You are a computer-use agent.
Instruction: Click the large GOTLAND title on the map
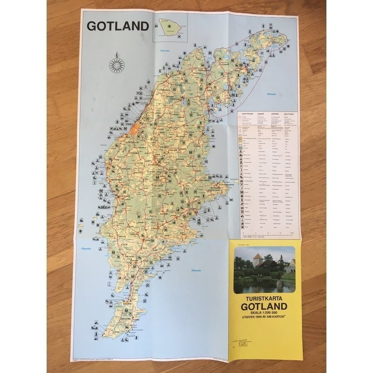pos(117,26)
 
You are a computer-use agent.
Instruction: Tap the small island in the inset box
pos(170,27)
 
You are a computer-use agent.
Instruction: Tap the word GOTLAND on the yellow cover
pos(264,307)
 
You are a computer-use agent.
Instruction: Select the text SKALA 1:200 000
pos(264,313)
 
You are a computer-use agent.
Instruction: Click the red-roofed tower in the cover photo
pos(258,260)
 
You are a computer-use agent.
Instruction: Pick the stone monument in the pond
pos(279,283)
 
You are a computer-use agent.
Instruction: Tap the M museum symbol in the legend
pos(241,192)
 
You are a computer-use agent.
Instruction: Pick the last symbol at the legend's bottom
pos(241,227)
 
